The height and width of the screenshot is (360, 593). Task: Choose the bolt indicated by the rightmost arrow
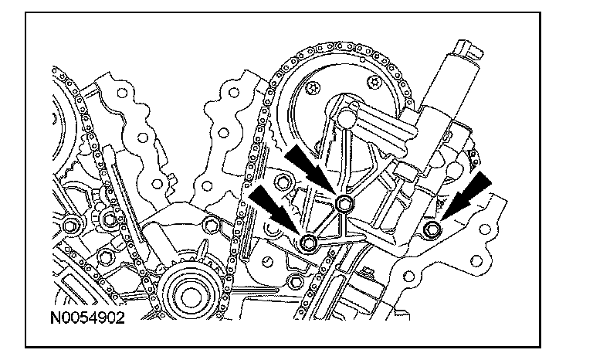click(432, 229)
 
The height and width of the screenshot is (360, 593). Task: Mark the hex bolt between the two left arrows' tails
click(285, 183)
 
